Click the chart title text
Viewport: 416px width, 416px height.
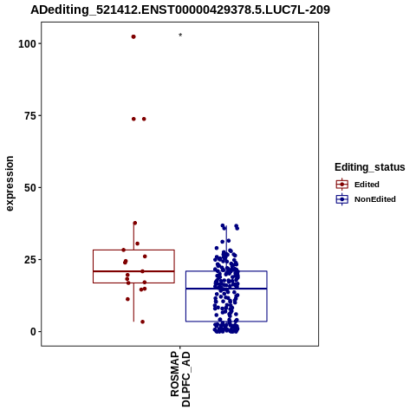click(180, 10)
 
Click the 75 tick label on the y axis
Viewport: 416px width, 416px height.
click(29, 116)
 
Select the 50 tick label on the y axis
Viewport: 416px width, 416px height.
click(29, 188)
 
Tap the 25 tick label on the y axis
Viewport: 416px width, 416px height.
click(29, 260)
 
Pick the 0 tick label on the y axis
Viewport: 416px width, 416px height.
click(33, 332)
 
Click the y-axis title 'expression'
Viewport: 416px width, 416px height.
click(10, 184)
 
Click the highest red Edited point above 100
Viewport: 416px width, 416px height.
click(133, 36)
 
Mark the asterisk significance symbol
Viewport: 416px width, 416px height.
click(180, 36)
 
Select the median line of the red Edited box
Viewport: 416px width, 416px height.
click(133, 271)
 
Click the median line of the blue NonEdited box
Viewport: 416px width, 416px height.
click(226, 289)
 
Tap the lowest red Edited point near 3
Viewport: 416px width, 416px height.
click(142, 322)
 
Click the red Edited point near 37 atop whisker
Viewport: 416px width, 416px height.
click(135, 223)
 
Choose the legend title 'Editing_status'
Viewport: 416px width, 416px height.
click(370, 167)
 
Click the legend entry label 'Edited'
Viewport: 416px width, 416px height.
click(367, 185)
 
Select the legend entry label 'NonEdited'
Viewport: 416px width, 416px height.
click(375, 199)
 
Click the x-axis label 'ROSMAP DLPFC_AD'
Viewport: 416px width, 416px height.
click(180, 379)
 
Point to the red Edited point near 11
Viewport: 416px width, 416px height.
click(127, 299)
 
